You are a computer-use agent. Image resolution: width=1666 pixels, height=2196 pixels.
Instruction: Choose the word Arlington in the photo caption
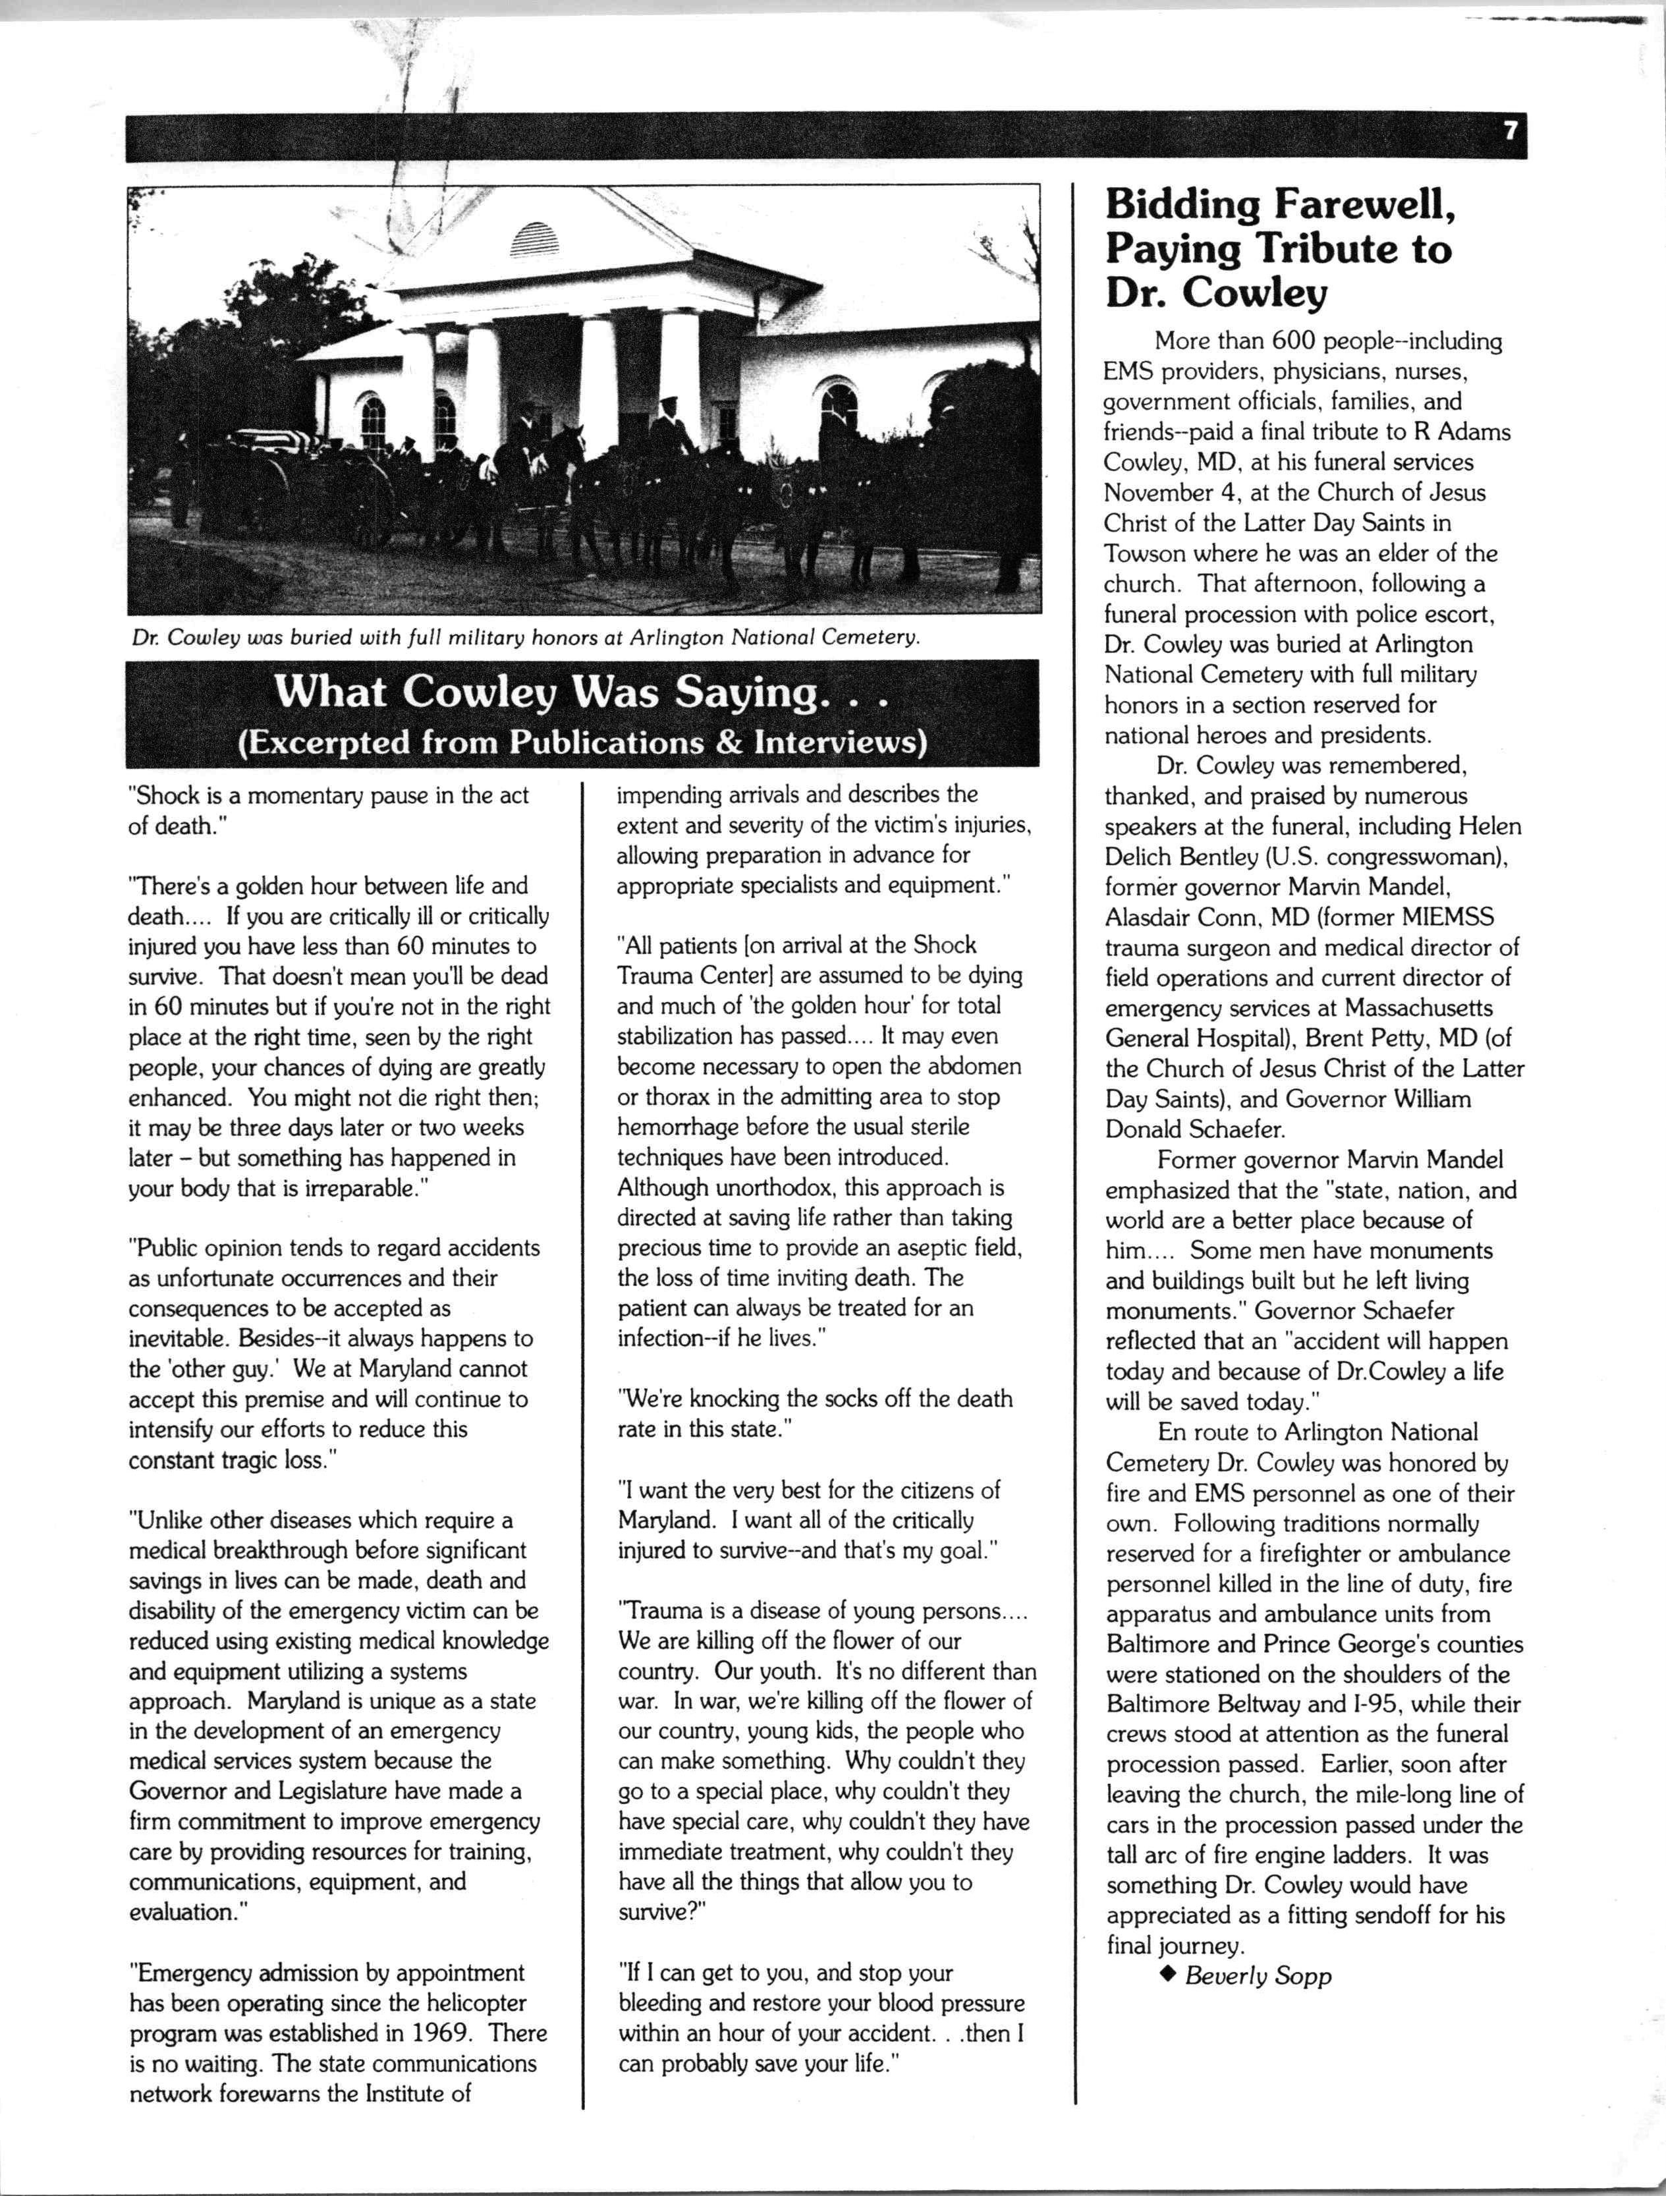[676, 636]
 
